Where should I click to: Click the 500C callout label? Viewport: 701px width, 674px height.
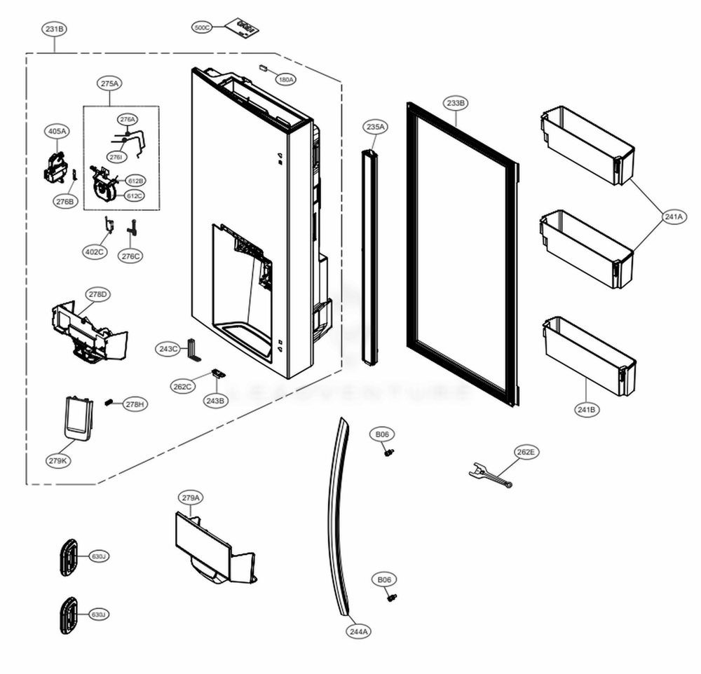click(x=202, y=27)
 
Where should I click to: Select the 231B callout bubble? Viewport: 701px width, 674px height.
click(x=54, y=29)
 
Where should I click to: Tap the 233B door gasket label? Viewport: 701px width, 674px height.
click(x=455, y=103)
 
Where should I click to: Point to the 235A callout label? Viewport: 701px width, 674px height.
click(x=375, y=127)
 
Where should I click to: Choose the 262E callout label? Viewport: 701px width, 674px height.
click(x=526, y=453)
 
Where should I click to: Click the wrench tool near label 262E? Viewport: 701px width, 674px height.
click(x=490, y=476)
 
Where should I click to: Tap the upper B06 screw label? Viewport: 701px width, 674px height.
click(x=382, y=435)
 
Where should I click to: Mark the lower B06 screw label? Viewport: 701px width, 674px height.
click(x=385, y=579)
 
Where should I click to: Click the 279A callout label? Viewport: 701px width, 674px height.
click(x=191, y=498)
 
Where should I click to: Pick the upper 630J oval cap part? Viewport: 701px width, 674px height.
click(x=69, y=557)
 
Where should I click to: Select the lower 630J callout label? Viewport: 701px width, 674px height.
click(x=99, y=614)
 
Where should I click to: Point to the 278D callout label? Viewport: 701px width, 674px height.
click(x=97, y=294)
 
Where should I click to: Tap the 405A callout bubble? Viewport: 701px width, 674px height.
click(x=57, y=131)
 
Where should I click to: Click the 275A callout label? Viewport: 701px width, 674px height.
click(x=110, y=83)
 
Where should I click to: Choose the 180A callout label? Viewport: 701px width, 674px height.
click(x=285, y=80)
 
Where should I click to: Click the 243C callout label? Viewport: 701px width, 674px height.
click(x=168, y=348)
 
